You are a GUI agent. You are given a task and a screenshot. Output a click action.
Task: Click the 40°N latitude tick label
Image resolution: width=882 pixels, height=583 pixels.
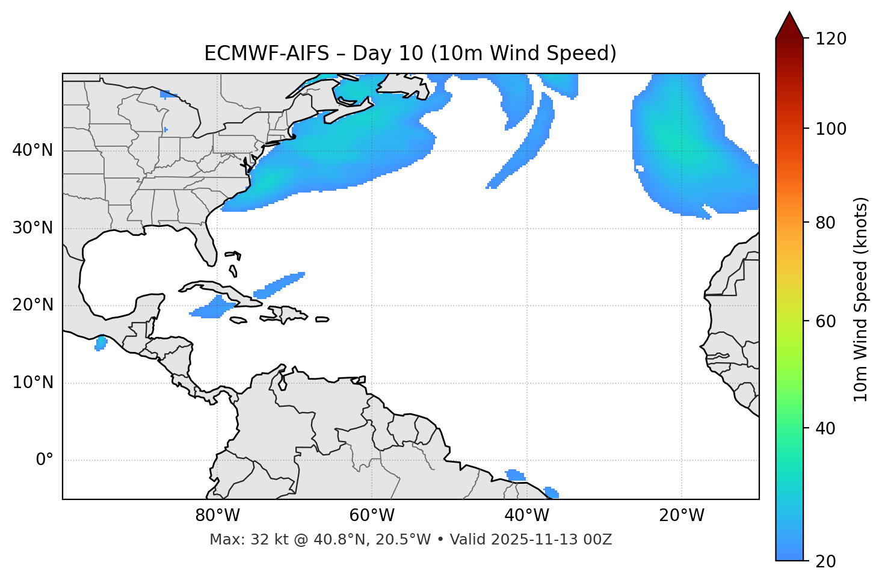[x=32, y=150]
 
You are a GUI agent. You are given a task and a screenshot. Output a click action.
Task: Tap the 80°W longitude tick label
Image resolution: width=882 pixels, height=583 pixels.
[x=217, y=516]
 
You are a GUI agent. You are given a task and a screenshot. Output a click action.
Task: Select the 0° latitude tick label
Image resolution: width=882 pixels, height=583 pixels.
[x=45, y=460]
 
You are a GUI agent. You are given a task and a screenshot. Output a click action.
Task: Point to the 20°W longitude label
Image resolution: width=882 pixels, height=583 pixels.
[x=682, y=516]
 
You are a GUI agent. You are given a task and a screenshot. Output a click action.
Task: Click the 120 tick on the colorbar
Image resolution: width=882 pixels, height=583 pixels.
[x=831, y=39]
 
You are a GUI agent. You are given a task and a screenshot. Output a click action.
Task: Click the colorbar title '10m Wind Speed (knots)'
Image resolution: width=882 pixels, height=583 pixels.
[x=861, y=299]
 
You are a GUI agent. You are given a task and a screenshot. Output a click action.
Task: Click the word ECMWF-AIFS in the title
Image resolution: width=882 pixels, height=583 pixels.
[x=267, y=54]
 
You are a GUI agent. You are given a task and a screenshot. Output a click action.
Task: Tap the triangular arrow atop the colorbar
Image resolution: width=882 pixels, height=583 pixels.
[x=789, y=25]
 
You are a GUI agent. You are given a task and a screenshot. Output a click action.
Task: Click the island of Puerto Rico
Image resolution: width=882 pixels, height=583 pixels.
[x=322, y=319]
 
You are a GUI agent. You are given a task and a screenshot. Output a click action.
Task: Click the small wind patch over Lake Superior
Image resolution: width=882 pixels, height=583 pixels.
[x=169, y=94]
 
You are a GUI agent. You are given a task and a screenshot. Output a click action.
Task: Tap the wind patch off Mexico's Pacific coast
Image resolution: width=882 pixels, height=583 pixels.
[x=100, y=344]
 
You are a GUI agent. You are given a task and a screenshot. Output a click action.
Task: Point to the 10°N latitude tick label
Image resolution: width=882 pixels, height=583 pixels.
[x=32, y=383]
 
